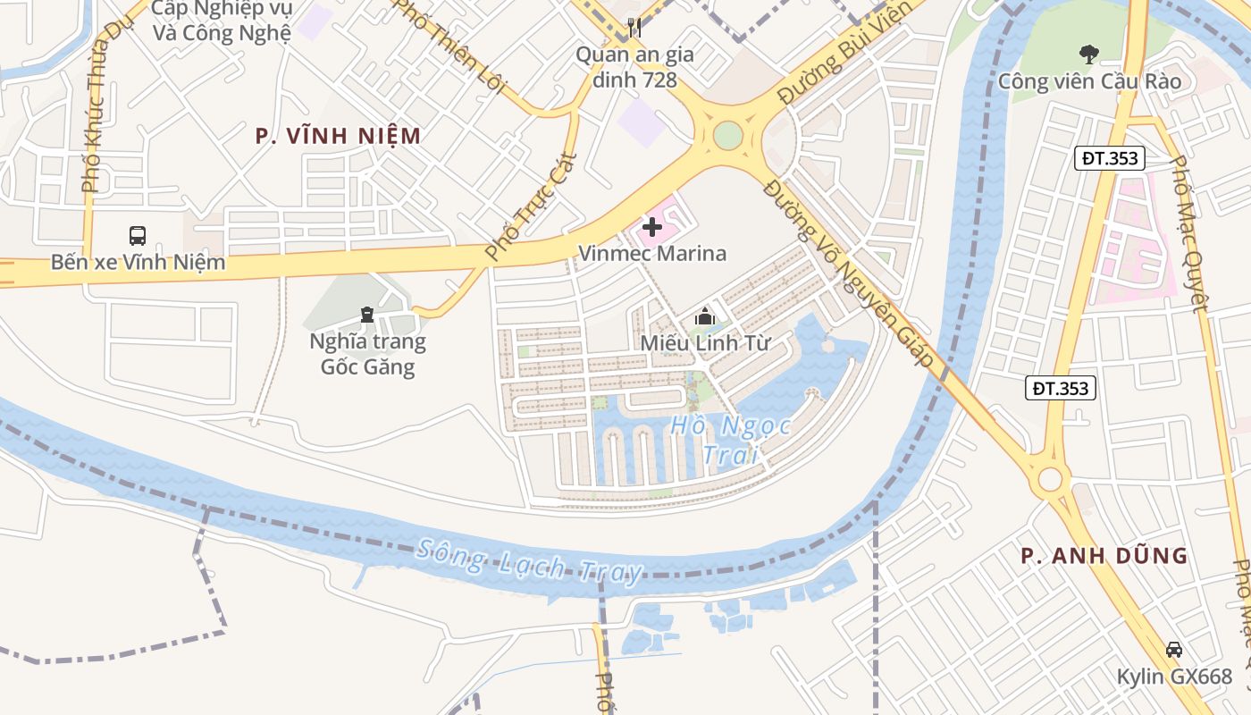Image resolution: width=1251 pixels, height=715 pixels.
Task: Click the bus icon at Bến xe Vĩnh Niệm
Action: (138, 236)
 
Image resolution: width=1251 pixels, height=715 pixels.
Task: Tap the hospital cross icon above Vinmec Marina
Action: (652, 228)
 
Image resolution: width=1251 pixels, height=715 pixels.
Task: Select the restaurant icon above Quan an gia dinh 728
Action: (634, 28)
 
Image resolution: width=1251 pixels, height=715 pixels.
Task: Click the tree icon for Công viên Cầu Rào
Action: (1088, 55)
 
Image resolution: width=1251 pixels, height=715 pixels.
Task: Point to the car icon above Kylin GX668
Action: (1174, 650)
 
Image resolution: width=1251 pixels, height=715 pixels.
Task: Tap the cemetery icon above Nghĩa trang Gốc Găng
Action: (366, 314)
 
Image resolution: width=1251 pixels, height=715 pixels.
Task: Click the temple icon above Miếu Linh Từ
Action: (704, 316)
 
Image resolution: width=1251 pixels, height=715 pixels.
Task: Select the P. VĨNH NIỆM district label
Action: (338, 136)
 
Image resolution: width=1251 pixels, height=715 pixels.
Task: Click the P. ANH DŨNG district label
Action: (1104, 556)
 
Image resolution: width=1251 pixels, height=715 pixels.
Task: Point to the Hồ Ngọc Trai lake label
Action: (731, 440)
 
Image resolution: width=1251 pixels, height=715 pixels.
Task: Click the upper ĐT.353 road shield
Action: (1109, 159)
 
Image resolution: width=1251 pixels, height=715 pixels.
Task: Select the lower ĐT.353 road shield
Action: (1060, 388)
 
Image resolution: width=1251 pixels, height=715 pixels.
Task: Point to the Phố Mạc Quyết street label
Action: (1189, 234)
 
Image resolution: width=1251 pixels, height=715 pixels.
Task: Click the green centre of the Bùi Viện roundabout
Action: (728, 136)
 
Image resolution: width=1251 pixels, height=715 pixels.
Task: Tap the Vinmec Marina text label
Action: (652, 254)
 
